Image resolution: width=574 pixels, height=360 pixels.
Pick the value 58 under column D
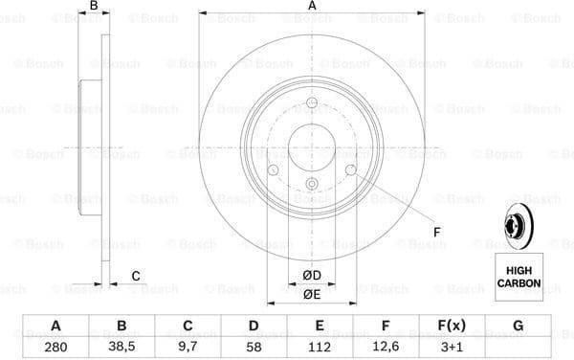(254, 345)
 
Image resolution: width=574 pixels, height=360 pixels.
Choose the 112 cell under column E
(320, 345)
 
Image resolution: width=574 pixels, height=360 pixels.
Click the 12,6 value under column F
(386, 345)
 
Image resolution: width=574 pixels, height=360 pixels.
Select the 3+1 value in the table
(453, 345)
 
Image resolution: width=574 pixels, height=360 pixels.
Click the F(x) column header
(453, 326)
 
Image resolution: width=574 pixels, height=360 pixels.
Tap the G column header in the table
(519, 326)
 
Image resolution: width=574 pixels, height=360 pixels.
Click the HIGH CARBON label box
(518, 277)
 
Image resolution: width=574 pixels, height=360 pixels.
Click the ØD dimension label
(311, 277)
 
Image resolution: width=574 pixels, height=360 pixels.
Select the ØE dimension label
(311, 295)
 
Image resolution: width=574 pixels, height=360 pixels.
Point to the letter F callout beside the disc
(436, 231)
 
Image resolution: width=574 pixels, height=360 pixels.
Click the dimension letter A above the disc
(312, 9)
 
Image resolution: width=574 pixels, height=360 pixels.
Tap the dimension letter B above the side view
(93, 9)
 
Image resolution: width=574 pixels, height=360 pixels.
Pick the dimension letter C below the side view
(135, 277)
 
